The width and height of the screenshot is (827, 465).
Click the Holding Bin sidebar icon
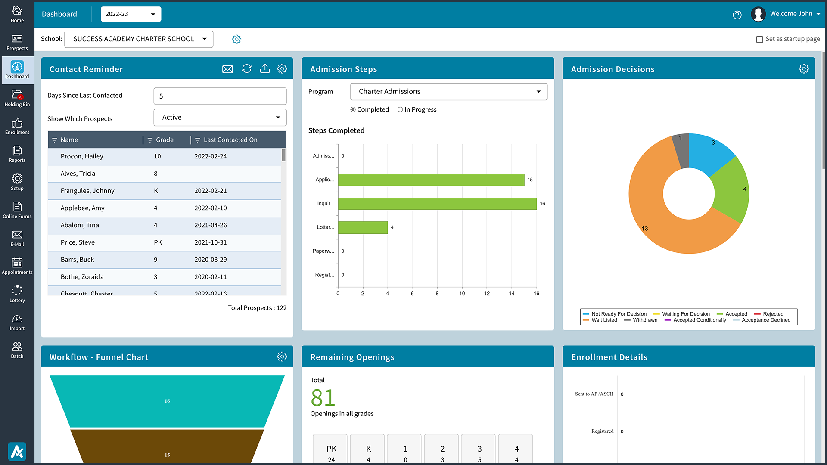pos(17,98)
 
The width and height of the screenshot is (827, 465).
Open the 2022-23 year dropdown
pos(131,14)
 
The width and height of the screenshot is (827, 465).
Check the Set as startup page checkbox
pos(759,39)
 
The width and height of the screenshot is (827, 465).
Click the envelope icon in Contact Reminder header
pos(227,69)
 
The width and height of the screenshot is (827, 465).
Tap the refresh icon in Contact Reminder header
pos(246,69)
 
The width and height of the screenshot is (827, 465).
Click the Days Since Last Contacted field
pos(220,96)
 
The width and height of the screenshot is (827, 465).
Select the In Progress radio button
pos(400,109)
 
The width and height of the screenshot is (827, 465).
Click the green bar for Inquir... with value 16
pos(437,204)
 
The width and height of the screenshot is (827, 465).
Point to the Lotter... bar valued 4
pos(363,227)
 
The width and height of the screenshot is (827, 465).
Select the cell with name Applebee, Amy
pos(82,208)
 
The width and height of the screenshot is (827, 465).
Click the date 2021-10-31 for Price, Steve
pos(210,242)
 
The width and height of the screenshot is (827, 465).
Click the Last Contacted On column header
pos(230,140)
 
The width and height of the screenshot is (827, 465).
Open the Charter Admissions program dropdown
pos(448,91)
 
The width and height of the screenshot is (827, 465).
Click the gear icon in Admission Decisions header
pos(803,69)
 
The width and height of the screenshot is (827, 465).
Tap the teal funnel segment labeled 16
pos(167,401)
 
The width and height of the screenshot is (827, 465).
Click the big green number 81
pos(323,397)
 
